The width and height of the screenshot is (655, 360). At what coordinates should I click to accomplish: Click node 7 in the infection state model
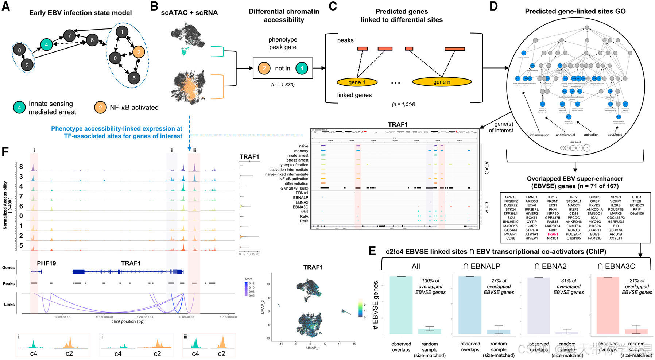tap(69, 35)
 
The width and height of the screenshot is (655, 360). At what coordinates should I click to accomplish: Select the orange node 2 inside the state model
tap(139, 52)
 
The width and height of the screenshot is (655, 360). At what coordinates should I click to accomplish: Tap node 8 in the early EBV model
tap(19, 50)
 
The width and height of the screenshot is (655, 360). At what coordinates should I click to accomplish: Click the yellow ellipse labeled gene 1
tap(357, 82)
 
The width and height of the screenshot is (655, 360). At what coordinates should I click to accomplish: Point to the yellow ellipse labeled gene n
tap(442, 82)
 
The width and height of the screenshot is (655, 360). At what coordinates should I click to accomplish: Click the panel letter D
tap(493, 7)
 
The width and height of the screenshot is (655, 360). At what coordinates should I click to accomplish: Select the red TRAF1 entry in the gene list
tap(553, 234)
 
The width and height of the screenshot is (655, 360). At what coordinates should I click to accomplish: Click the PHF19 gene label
tap(46, 263)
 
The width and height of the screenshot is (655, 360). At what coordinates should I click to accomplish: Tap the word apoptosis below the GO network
tap(615, 135)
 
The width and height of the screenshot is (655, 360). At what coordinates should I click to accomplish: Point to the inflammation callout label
tap(539, 135)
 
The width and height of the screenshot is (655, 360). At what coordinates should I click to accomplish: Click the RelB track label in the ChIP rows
tap(304, 221)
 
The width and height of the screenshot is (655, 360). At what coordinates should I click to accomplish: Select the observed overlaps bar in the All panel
tap(401, 305)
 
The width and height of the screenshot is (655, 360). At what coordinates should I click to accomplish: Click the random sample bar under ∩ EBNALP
tap(499, 332)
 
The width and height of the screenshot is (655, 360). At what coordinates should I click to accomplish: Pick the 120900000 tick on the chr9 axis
tap(63, 317)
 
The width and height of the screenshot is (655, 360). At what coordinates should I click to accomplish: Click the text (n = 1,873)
tap(283, 85)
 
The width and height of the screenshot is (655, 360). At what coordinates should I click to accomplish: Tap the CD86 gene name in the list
tap(511, 238)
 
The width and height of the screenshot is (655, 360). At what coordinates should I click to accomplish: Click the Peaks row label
tap(9, 283)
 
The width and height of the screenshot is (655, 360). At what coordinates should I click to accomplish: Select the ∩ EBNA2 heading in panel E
tap(551, 266)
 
